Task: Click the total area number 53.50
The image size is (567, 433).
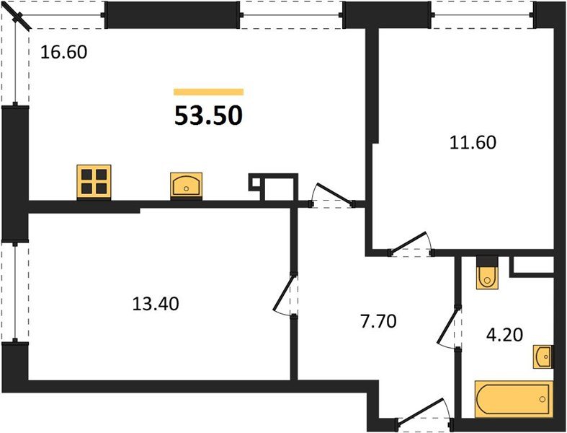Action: click(208, 115)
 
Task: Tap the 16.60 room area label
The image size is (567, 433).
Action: click(63, 52)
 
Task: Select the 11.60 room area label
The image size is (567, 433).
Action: click(472, 142)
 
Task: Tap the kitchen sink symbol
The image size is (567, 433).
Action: click(187, 185)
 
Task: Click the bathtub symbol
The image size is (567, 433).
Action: click(513, 399)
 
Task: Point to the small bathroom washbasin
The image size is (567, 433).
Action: click(543, 355)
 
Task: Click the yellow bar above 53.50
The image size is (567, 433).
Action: click(208, 92)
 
